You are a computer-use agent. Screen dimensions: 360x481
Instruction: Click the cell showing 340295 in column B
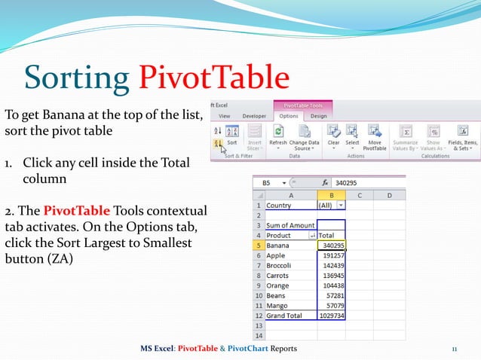(332, 245)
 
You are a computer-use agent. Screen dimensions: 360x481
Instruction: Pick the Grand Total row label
(284, 316)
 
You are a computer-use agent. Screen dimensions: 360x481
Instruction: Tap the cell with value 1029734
(332, 316)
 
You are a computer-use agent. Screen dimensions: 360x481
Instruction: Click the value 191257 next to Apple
(332, 255)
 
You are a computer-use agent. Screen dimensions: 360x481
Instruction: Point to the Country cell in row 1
(280, 204)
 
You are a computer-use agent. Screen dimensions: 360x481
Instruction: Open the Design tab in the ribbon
(318, 117)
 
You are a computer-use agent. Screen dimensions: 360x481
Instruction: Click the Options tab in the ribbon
(288, 117)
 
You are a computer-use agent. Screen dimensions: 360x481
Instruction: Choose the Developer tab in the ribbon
(254, 117)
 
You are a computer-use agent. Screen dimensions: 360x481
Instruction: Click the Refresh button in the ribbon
(278, 135)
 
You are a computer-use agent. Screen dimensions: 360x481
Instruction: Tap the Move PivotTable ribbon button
(375, 136)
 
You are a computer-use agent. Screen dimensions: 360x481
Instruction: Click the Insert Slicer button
(255, 136)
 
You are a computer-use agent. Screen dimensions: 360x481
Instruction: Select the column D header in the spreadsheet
(388, 194)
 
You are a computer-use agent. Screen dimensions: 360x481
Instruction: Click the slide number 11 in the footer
(455, 348)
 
